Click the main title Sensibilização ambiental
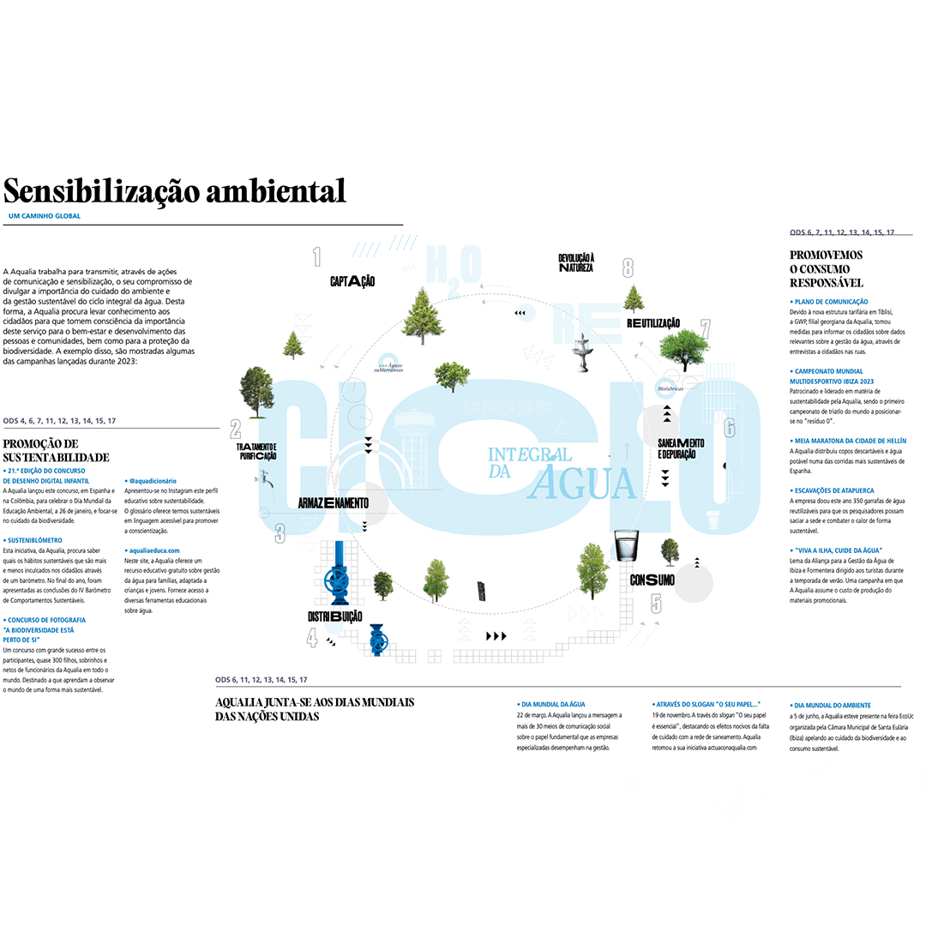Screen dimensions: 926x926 coord(174,190)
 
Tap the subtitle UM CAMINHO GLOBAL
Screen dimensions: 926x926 coord(44,216)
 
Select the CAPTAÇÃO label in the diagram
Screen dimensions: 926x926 coord(352,281)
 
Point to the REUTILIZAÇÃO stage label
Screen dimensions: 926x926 coord(653,323)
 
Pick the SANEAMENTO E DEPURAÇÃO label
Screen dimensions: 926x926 coord(681,448)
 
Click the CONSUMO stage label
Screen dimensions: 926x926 coord(652,580)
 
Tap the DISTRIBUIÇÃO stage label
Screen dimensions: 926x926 coord(334,616)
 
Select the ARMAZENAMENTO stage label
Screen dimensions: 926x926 coord(334,502)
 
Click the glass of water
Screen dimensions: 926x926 coord(628,550)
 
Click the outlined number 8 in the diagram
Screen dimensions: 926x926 coord(628,268)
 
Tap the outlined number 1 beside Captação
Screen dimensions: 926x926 coord(316,256)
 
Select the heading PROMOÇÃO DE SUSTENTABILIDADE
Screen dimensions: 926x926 coord(57,450)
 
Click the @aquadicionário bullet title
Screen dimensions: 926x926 coord(153,481)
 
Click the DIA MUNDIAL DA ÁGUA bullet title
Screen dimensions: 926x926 coord(553,704)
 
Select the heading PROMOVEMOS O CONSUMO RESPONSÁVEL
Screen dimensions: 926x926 coord(826,268)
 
